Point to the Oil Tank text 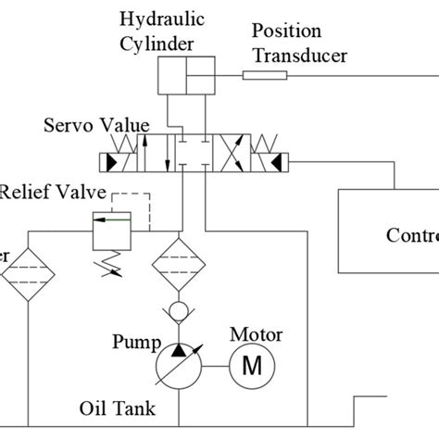pos(117,408)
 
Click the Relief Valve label pos(54,194)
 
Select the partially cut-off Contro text pos(411,234)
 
